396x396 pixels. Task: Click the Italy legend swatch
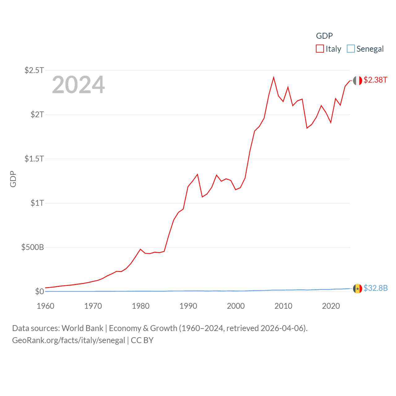[x=320, y=49]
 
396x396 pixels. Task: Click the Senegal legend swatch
[x=351, y=49]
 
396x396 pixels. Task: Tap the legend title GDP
[x=324, y=36]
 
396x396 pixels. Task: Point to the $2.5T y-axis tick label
[x=34, y=70]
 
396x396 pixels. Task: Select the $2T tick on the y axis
[x=37, y=114]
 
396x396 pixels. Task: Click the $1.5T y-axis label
[x=34, y=159]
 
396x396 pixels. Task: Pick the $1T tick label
[x=37, y=203]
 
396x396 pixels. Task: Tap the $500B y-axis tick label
[x=32, y=247]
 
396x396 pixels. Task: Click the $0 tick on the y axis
[x=40, y=291]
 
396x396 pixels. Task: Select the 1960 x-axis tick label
[x=45, y=306]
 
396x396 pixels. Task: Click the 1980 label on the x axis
[x=141, y=306]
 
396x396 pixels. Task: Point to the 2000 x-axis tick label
[x=236, y=306]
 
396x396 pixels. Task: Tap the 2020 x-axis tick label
[x=331, y=306]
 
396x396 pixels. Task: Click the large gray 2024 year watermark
[x=78, y=85]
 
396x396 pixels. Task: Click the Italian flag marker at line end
[x=358, y=81]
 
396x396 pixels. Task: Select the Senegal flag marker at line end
[x=358, y=289]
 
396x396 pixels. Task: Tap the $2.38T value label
[x=375, y=80]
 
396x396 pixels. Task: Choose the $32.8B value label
[x=376, y=288]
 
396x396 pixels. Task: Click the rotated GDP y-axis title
[x=13, y=179]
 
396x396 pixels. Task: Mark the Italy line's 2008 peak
[x=274, y=77]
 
